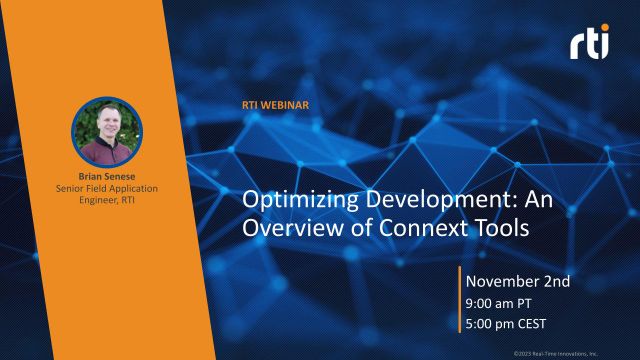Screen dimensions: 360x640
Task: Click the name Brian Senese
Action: pyautogui.click(x=107, y=174)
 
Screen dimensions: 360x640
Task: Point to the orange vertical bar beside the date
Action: pyautogui.click(x=459, y=302)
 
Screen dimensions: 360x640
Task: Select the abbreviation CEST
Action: pyautogui.click(x=539, y=324)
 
